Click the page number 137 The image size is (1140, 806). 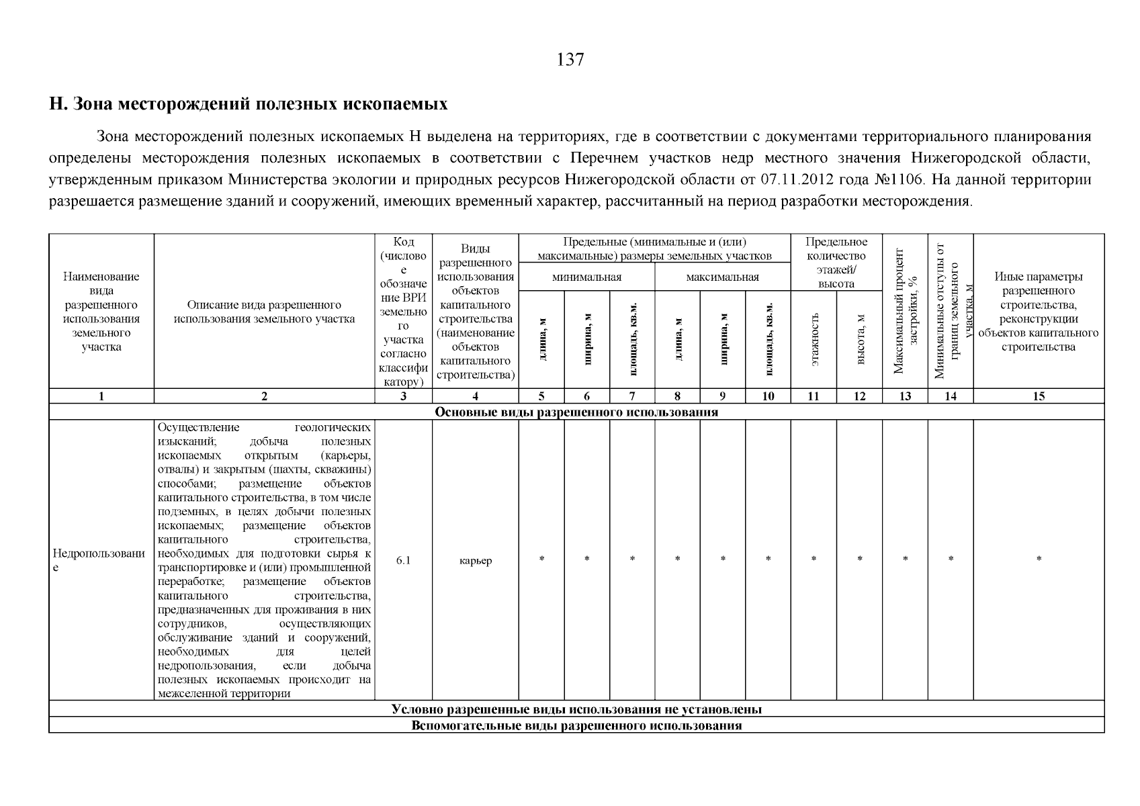tap(570, 60)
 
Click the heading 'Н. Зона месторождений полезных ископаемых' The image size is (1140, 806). tap(248, 104)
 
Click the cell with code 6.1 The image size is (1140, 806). tap(403, 560)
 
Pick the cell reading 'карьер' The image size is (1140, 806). tap(475, 560)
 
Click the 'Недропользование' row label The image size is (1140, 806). tap(101, 560)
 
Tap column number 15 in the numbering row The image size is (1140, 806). tap(1039, 396)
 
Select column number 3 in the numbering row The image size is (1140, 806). tap(403, 396)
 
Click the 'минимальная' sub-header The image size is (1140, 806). tap(586, 277)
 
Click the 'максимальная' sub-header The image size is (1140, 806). tap(722, 277)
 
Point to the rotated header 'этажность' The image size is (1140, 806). tap(814, 339)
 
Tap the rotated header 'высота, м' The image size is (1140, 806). tap(860, 339)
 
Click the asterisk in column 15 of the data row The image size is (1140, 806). tap(1039, 559)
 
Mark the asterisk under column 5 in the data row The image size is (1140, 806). tap(541, 559)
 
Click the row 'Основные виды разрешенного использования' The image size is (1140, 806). tap(576, 412)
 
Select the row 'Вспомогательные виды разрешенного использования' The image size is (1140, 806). tap(576, 725)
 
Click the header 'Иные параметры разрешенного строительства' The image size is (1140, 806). tap(1039, 311)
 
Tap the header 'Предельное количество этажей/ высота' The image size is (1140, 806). tap(836, 262)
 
